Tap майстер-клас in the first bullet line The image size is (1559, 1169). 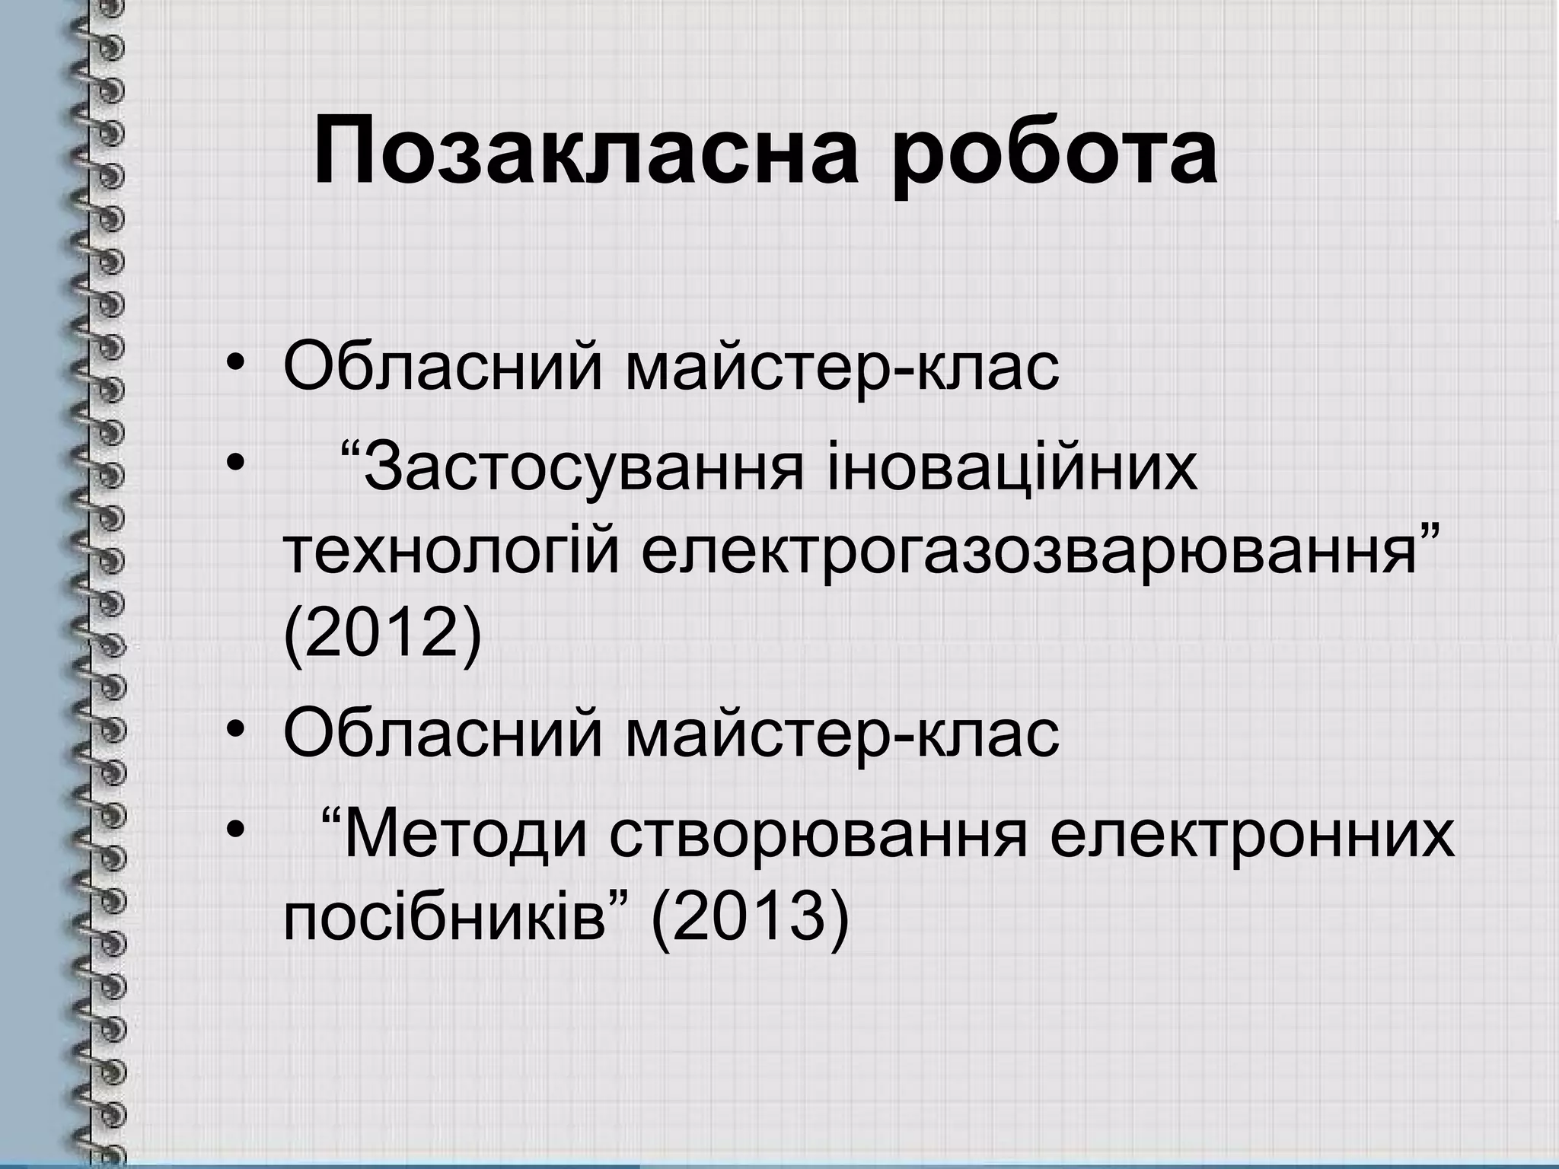tap(842, 368)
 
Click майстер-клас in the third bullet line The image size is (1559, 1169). tap(842, 734)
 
